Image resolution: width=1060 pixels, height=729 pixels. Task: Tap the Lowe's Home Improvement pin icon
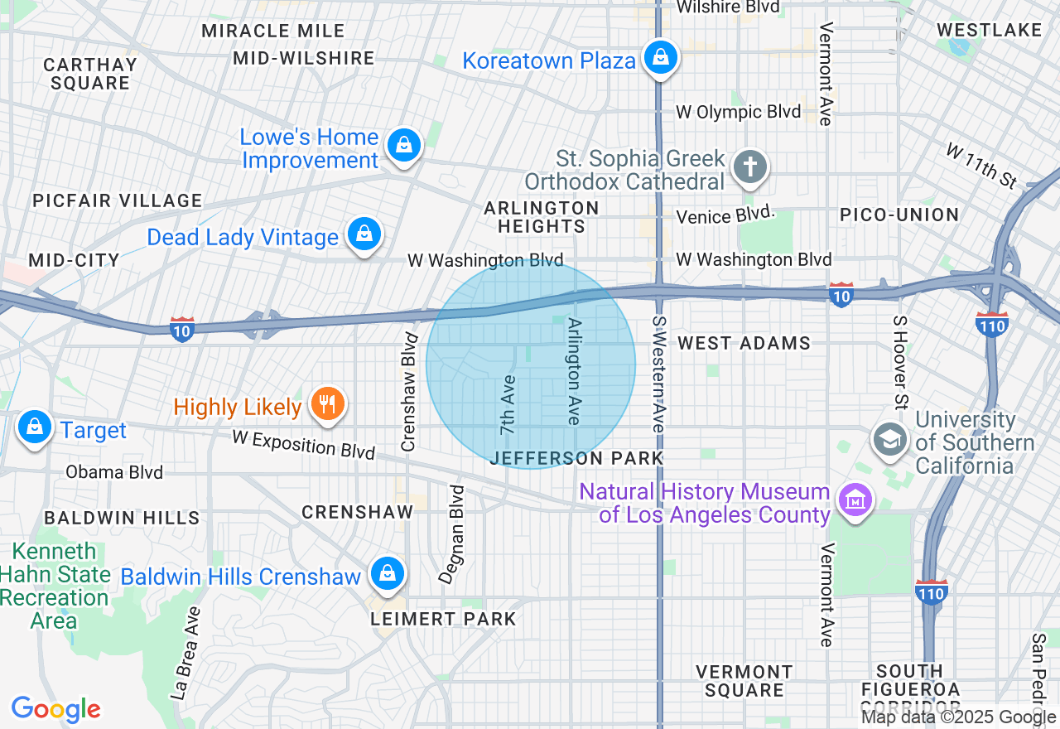[x=403, y=145]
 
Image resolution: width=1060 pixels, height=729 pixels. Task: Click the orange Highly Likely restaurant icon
[x=327, y=404]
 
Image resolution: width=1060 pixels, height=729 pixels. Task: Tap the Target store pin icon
[x=34, y=427]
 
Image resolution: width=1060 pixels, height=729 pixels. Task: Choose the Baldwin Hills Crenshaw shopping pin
[x=387, y=573]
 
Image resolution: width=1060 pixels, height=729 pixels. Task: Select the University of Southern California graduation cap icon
[x=890, y=438]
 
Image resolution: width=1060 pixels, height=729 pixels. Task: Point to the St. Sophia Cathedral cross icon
[x=750, y=167]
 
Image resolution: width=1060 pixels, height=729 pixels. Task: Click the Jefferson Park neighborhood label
[x=576, y=458]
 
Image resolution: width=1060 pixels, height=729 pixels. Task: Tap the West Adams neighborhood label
[x=744, y=343]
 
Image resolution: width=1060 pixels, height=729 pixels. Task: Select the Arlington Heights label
[x=542, y=217]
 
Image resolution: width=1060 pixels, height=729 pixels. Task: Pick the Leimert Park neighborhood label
[x=443, y=619]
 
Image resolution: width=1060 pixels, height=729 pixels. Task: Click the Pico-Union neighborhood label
[x=899, y=215]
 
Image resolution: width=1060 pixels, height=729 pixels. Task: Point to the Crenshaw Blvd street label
[x=408, y=392]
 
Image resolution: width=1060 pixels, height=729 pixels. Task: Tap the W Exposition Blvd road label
[x=303, y=444]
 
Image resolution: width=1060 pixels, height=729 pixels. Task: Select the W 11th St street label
[x=981, y=165]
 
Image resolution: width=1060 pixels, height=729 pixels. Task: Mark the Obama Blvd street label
[x=114, y=472]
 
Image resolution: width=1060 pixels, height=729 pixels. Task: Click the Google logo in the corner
[x=55, y=709]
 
